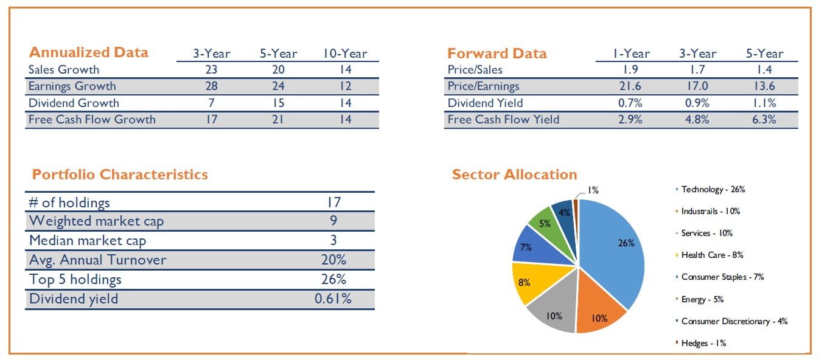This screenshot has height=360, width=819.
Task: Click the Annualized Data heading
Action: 88,52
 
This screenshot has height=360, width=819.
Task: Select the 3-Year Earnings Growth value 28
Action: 211,86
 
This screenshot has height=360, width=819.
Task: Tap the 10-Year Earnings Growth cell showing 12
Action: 346,86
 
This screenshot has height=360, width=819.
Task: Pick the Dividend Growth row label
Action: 74,103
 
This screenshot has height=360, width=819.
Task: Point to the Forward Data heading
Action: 497,54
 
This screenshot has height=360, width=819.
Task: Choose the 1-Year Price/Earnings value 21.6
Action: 630,86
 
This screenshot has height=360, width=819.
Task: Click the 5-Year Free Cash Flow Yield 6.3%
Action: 764,119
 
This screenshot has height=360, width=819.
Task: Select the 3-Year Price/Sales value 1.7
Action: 697,70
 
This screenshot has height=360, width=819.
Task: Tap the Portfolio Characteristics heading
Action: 120,175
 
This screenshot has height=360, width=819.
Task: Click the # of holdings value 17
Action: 333,202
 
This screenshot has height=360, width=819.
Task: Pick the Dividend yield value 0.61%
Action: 333,298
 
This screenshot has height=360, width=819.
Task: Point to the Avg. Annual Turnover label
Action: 97,260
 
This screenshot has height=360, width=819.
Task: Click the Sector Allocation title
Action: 514,175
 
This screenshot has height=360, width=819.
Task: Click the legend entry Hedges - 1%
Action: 703,343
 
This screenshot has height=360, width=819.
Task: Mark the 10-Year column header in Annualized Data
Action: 346,54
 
